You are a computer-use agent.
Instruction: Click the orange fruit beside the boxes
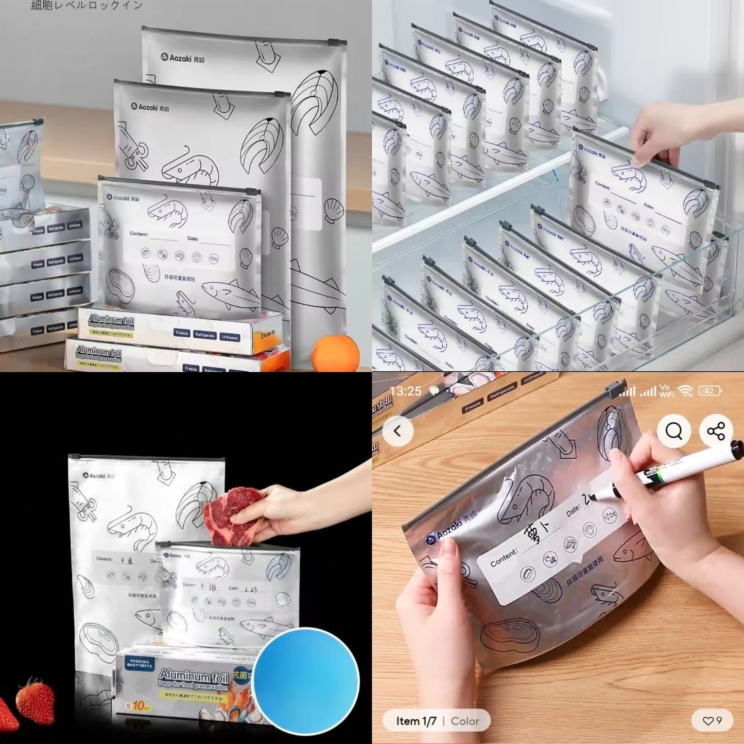pos(335,353)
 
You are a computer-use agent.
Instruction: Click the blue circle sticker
pos(306,680)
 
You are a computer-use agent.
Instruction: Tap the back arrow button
pos(397,431)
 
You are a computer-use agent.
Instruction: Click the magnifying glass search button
pos(673,430)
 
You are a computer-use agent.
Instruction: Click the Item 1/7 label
pos(416,721)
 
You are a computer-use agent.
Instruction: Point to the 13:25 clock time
pos(406,391)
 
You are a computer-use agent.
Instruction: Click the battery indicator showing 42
pos(710,391)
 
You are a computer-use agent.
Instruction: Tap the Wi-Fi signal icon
pos(685,391)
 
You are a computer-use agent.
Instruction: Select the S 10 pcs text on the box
pos(139,705)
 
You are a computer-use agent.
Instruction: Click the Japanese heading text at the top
pos(86,6)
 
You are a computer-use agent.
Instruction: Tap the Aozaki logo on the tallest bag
pos(182,58)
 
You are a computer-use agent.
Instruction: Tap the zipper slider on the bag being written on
pos(615,389)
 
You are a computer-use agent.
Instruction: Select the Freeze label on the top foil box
pos(182,333)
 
